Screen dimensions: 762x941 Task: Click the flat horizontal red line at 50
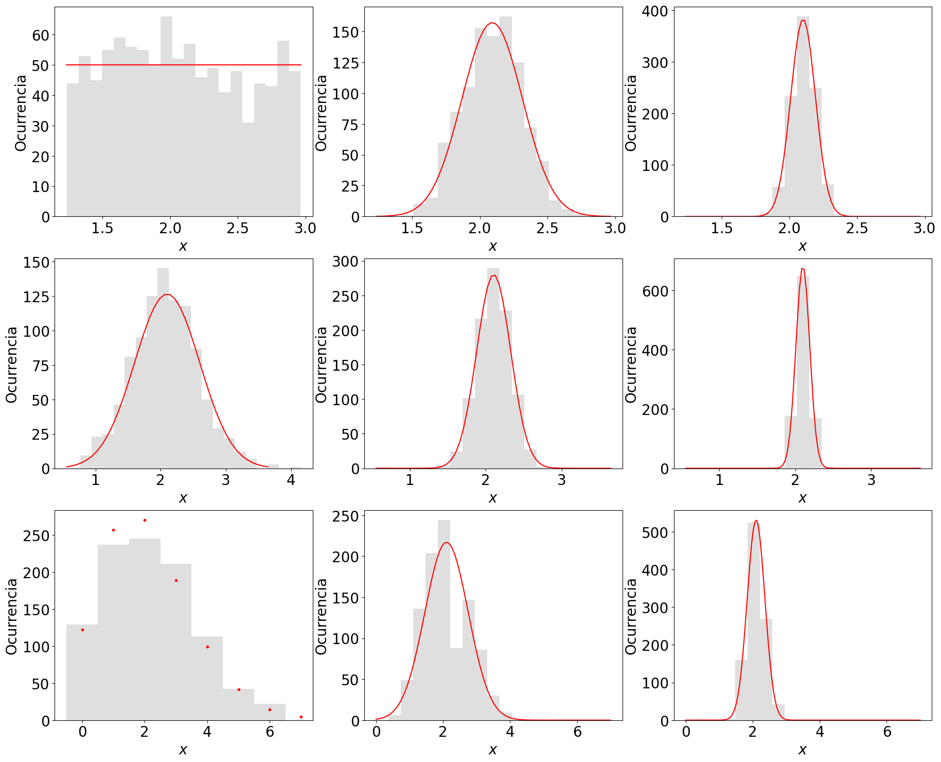point(183,65)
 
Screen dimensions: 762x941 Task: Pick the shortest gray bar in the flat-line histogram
point(248,169)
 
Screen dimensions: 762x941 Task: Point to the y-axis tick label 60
point(41,36)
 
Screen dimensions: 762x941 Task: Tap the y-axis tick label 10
point(41,187)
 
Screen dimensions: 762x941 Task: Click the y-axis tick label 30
point(41,127)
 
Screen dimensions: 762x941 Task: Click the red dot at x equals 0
point(82,630)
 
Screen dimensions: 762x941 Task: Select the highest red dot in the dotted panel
point(145,520)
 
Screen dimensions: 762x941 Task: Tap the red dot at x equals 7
point(301,717)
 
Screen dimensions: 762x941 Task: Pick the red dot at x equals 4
point(207,647)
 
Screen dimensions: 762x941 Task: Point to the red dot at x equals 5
point(239,689)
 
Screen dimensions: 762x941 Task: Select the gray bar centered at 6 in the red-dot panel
point(270,712)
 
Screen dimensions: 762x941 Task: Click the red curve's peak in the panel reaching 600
point(803,269)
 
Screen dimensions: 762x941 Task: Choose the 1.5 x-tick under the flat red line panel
point(102,228)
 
